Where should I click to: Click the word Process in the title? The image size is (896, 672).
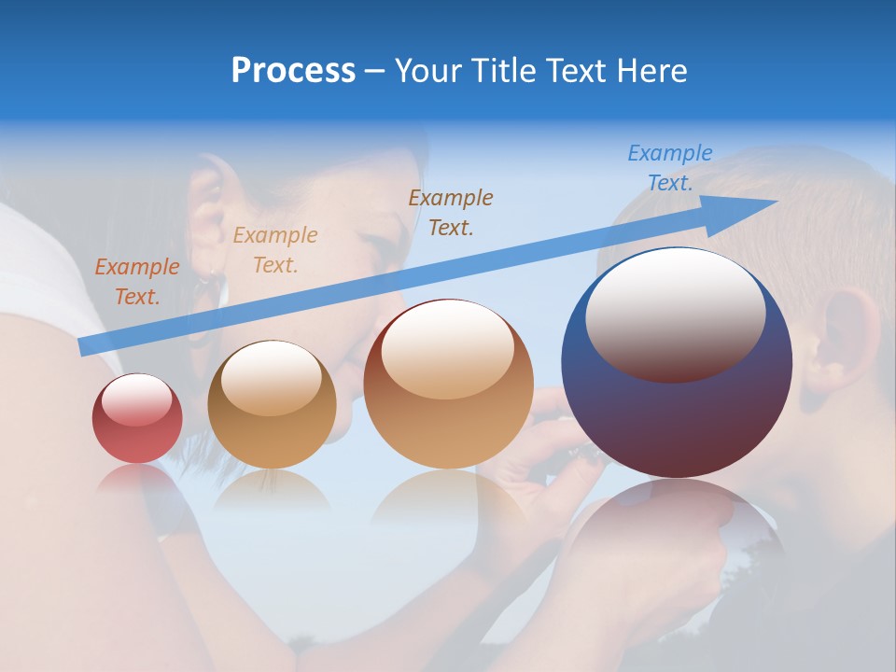(x=293, y=71)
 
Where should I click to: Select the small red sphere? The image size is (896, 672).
(x=137, y=419)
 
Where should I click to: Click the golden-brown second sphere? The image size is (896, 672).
(x=272, y=405)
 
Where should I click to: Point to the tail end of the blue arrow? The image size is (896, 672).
(x=84, y=346)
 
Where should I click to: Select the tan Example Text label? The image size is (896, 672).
(x=274, y=250)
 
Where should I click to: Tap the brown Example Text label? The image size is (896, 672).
(x=451, y=212)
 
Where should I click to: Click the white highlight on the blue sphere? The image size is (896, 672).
(x=675, y=313)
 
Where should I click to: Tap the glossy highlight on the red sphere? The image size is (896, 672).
(x=136, y=399)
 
